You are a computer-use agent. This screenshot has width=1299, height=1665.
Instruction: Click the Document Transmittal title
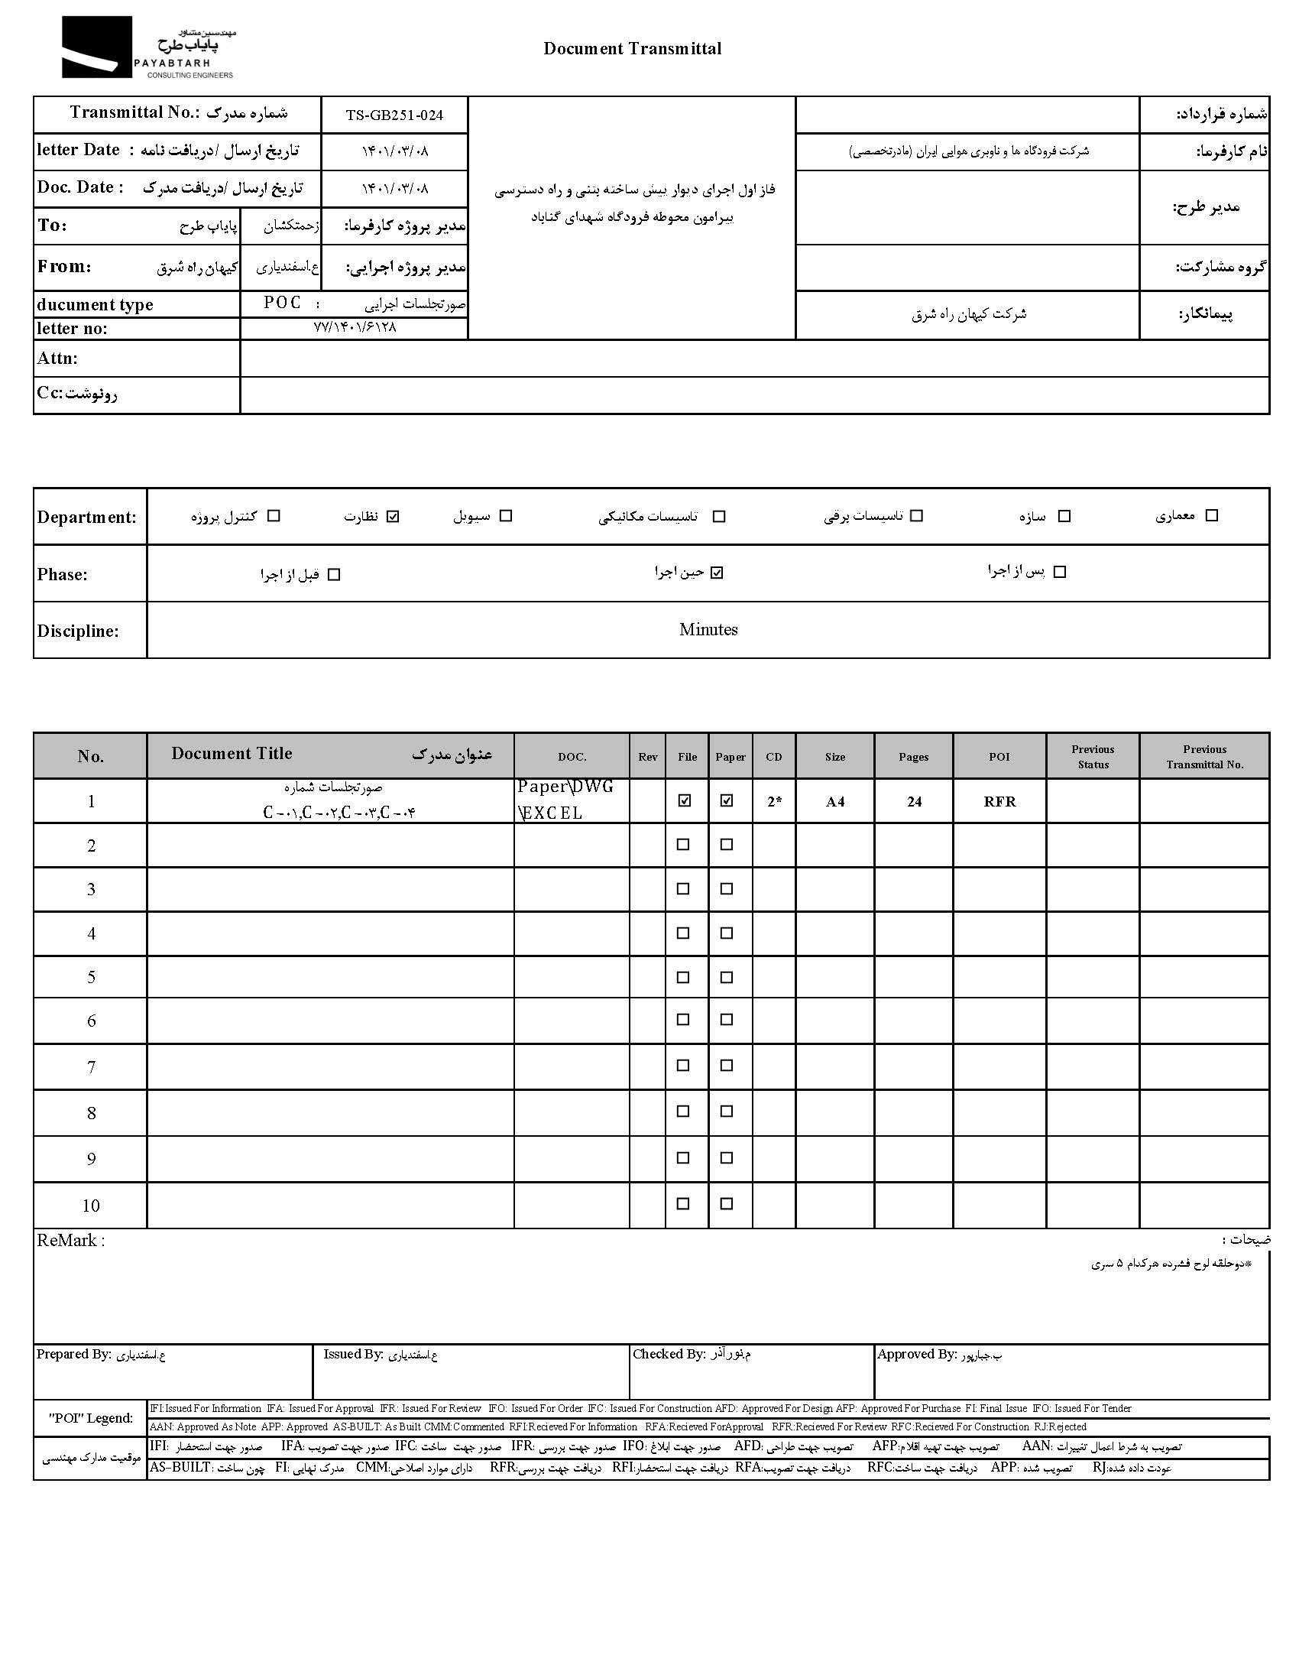632,49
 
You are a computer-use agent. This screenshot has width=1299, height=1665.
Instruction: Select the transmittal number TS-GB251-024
394,115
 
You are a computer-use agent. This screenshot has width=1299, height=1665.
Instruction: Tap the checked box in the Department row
393,517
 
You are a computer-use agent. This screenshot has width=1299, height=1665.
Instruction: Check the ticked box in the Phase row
716,573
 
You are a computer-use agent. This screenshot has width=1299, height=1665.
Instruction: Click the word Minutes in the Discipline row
708,630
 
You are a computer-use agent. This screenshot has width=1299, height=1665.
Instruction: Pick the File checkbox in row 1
685,800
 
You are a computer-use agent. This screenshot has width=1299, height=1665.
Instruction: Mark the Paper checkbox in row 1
727,800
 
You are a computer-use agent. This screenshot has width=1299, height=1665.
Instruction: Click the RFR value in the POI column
999,802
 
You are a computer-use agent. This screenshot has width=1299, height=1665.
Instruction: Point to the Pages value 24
914,802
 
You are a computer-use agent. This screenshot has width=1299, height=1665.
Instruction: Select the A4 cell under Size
835,802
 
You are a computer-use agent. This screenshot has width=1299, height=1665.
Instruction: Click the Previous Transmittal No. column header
1204,756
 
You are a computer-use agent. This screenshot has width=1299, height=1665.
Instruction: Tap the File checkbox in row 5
683,977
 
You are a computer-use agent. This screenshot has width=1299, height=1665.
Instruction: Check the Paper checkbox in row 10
727,1203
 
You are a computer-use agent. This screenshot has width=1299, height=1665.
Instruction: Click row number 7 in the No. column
91,1067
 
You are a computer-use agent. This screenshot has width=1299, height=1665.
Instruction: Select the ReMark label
71,1241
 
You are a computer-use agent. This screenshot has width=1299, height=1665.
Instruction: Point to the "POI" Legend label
91,1418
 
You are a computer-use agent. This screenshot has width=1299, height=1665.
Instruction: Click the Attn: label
57,359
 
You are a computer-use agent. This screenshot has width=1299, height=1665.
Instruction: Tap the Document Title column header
232,754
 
